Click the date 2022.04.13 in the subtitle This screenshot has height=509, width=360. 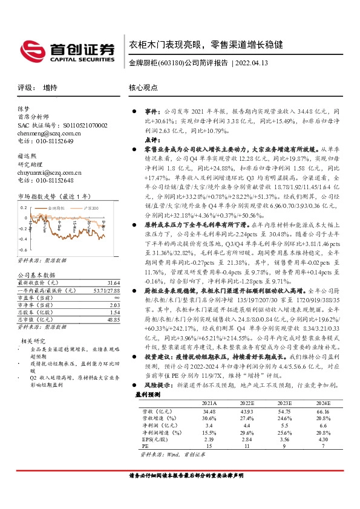coord(252,63)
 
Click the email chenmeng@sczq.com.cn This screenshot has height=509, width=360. coord(45,132)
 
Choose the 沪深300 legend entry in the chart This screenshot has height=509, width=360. coord(90,207)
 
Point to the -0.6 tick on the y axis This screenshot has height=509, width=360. coord(24,249)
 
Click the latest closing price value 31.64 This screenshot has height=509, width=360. coord(112,283)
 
